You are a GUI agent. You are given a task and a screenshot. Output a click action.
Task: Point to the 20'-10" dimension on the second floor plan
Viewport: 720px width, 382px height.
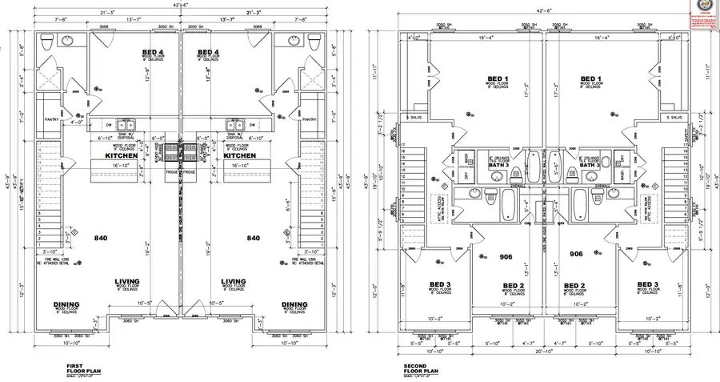[546, 352]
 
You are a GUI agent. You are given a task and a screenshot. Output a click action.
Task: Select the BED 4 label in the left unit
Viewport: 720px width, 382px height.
[149, 54]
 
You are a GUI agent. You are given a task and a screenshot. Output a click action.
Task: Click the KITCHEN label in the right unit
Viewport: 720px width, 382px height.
[240, 155]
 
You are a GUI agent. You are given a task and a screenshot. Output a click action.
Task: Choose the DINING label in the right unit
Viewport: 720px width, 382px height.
[294, 304]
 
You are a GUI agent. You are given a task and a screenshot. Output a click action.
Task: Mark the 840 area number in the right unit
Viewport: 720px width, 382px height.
[253, 239]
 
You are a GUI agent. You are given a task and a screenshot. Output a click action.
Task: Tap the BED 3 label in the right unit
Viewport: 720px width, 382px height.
[648, 285]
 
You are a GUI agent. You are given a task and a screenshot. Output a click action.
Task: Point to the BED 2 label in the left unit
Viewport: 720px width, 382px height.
[514, 285]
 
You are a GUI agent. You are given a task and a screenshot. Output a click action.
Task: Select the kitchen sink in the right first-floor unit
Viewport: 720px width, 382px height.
[235, 125]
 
